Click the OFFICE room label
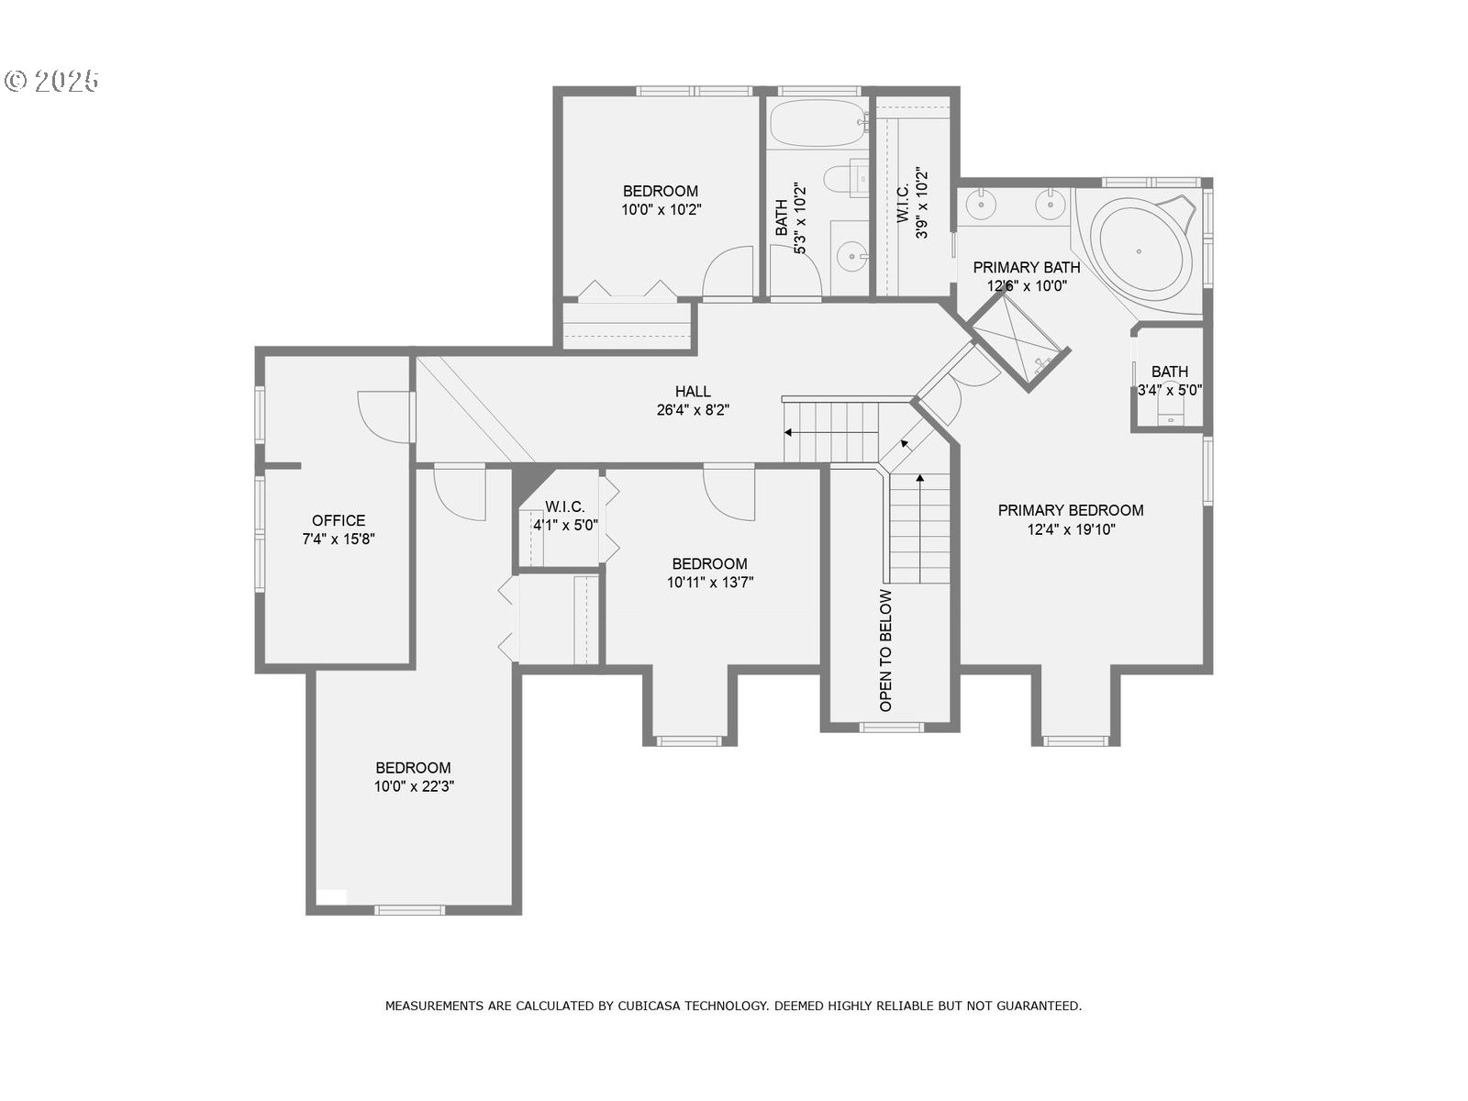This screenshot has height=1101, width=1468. tap(339, 520)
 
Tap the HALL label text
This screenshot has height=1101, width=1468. tap(693, 392)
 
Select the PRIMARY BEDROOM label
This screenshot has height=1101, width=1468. tap(1071, 510)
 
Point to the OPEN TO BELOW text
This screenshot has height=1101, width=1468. tap(885, 651)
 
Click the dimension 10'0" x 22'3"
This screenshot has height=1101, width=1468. tap(413, 786)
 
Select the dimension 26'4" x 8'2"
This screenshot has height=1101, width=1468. tap(693, 410)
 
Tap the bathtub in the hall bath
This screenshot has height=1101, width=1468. tap(815, 123)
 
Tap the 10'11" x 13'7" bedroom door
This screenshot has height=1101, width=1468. tap(729, 494)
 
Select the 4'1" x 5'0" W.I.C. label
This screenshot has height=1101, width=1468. tap(565, 507)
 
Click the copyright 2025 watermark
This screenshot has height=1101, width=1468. tap(52, 81)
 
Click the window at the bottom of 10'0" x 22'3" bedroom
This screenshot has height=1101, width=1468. tap(409, 910)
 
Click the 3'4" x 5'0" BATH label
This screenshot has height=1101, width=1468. tap(1169, 372)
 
